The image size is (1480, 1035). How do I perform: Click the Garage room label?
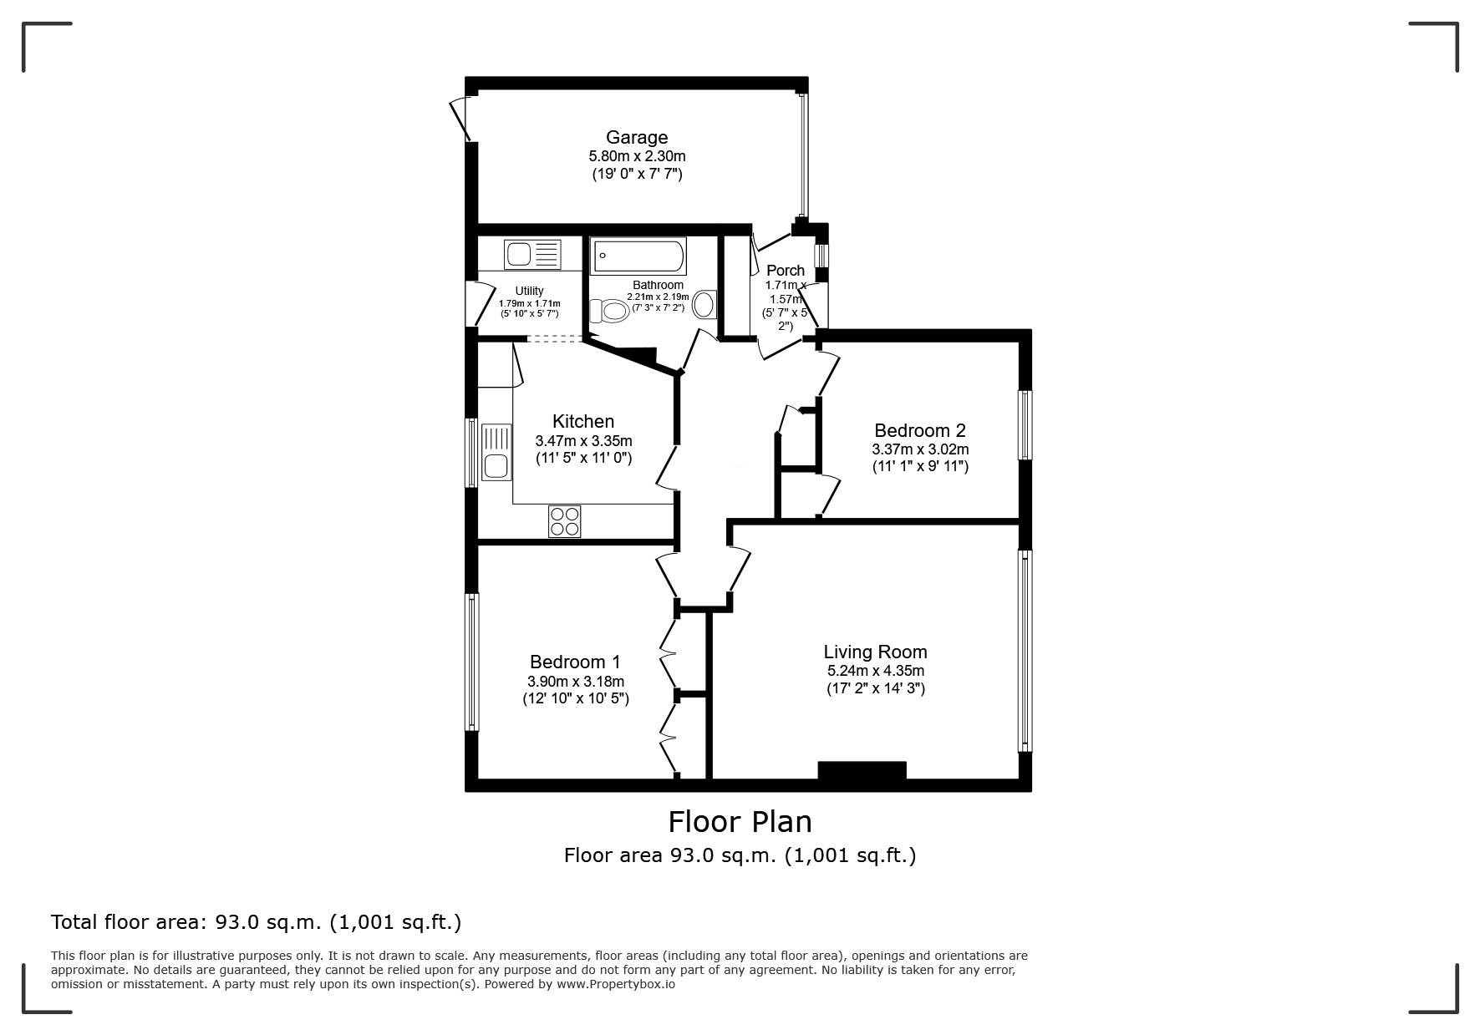(x=637, y=137)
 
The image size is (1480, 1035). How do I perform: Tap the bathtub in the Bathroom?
(x=639, y=256)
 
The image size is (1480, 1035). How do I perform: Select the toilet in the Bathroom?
(x=608, y=312)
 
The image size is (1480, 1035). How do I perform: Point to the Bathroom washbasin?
(x=704, y=304)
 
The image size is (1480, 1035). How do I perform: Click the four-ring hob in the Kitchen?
(x=565, y=522)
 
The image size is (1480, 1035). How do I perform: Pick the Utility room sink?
(x=532, y=254)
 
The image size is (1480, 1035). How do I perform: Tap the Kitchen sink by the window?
(x=496, y=452)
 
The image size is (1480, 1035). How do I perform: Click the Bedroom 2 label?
(x=920, y=430)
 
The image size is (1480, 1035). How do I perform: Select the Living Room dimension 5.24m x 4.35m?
(x=876, y=671)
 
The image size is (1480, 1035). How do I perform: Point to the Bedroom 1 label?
(x=575, y=662)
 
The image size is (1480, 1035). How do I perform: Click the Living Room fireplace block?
(x=862, y=770)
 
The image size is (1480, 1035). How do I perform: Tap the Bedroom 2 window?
(x=1025, y=424)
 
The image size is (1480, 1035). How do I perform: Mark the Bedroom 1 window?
(x=472, y=662)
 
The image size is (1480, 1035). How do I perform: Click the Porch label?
(x=786, y=271)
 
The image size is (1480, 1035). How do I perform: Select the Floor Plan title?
(x=740, y=822)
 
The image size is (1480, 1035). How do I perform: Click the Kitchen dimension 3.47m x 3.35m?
(x=583, y=441)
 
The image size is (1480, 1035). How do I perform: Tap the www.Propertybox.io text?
(x=616, y=984)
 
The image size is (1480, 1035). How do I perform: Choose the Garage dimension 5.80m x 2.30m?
(x=637, y=156)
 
